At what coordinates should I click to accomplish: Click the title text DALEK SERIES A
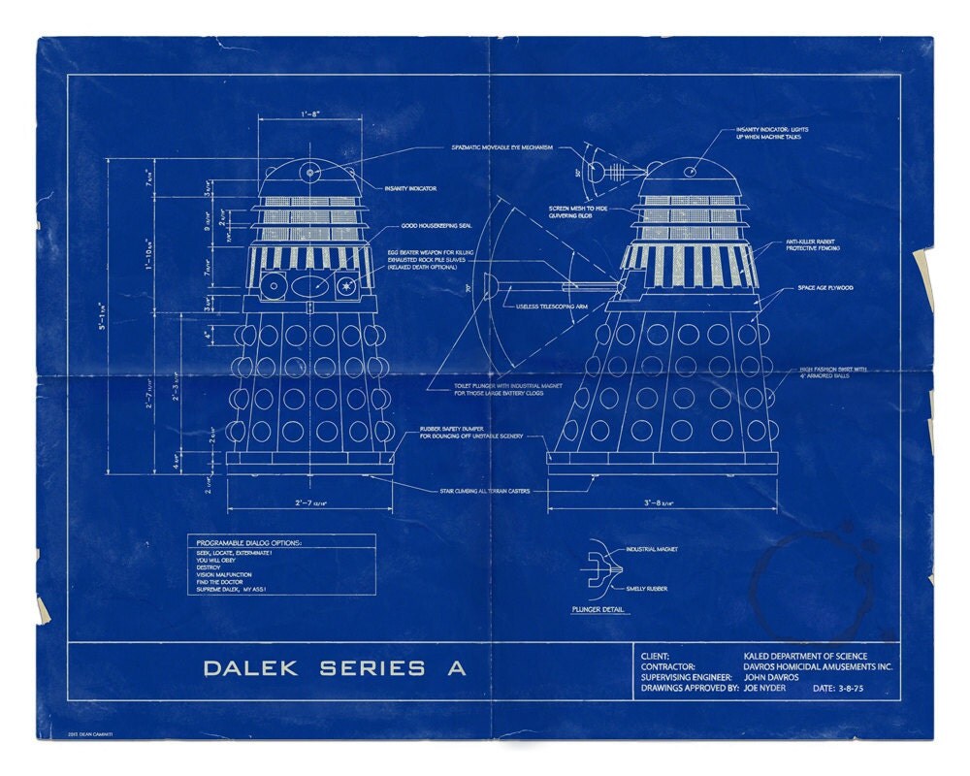click(334, 668)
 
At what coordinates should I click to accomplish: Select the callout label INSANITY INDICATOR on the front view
click(410, 188)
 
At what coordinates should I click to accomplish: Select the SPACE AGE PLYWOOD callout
click(825, 288)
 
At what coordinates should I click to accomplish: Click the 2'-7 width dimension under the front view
click(309, 503)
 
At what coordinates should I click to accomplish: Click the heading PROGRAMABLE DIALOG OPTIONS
click(249, 541)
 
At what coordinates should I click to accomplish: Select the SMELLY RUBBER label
click(646, 589)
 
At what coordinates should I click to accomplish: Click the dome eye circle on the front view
click(310, 172)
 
